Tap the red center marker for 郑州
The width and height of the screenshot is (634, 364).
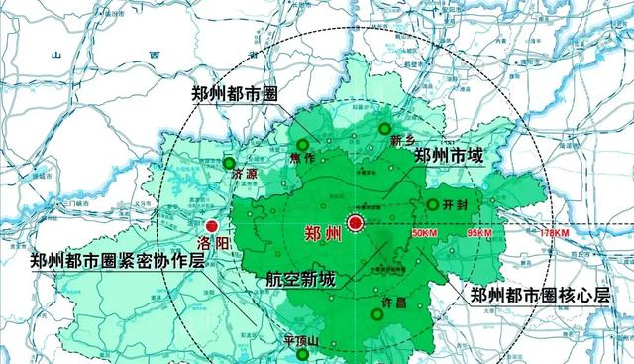pos(355,223)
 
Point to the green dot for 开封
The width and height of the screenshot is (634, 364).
pos(432,204)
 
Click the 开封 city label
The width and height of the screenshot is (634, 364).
pos(457,205)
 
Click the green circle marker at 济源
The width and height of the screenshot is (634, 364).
pos(230,162)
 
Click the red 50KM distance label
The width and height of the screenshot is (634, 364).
pos(423,233)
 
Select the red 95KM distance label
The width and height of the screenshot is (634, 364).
pos(479,233)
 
